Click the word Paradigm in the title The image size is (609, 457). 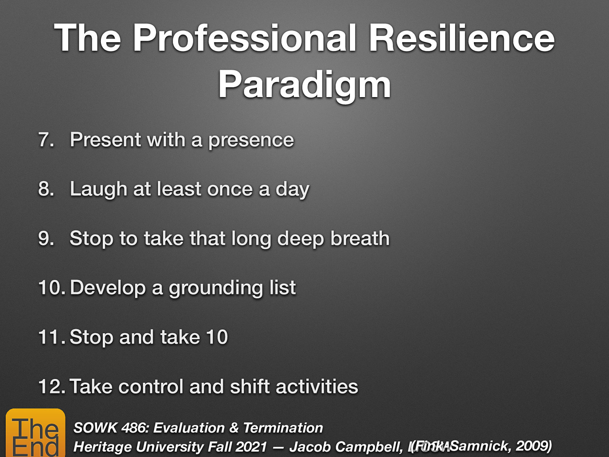pyautogui.click(x=304, y=85)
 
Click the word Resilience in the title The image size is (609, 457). pyautogui.click(x=461, y=38)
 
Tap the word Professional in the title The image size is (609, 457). pyautogui.click(x=245, y=38)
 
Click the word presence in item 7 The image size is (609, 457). pyautogui.click(x=251, y=141)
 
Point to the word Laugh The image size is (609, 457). pyautogui.click(x=98, y=189)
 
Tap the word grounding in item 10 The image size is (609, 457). pyautogui.click(x=215, y=288)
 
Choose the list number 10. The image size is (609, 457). pyautogui.click(x=52, y=288)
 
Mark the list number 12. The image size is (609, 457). pyautogui.click(x=52, y=387)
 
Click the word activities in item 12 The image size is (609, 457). pyautogui.click(x=317, y=387)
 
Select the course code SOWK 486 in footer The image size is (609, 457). pyautogui.click(x=111, y=428)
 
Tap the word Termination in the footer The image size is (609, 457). pyautogui.click(x=283, y=428)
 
